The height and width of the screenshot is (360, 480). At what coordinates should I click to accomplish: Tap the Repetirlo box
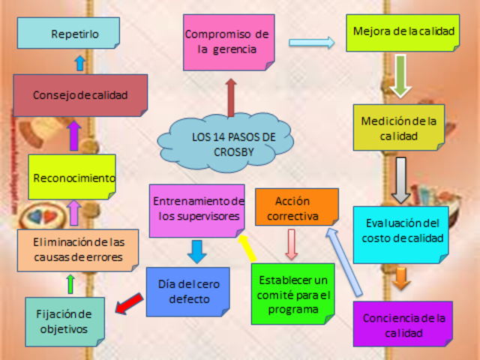(x=68, y=34)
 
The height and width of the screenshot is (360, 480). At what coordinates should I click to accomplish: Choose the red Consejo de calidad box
(x=80, y=95)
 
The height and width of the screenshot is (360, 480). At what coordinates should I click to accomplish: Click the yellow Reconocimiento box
(x=72, y=178)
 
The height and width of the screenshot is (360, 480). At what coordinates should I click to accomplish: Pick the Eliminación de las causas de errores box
(x=78, y=250)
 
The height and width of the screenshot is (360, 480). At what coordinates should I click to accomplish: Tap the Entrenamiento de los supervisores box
(x=197, y=209)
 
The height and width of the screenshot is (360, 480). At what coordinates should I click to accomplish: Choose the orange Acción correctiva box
(x=296, y=208)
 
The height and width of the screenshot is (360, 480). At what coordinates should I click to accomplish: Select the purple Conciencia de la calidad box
(x=403, y=324)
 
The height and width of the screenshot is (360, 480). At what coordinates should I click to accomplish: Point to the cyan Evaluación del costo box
(x=400, y=232)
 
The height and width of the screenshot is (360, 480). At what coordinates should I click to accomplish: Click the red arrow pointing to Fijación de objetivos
(x=129, y=301)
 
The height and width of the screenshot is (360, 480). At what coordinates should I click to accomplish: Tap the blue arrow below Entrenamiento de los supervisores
(x=196, y=250)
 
